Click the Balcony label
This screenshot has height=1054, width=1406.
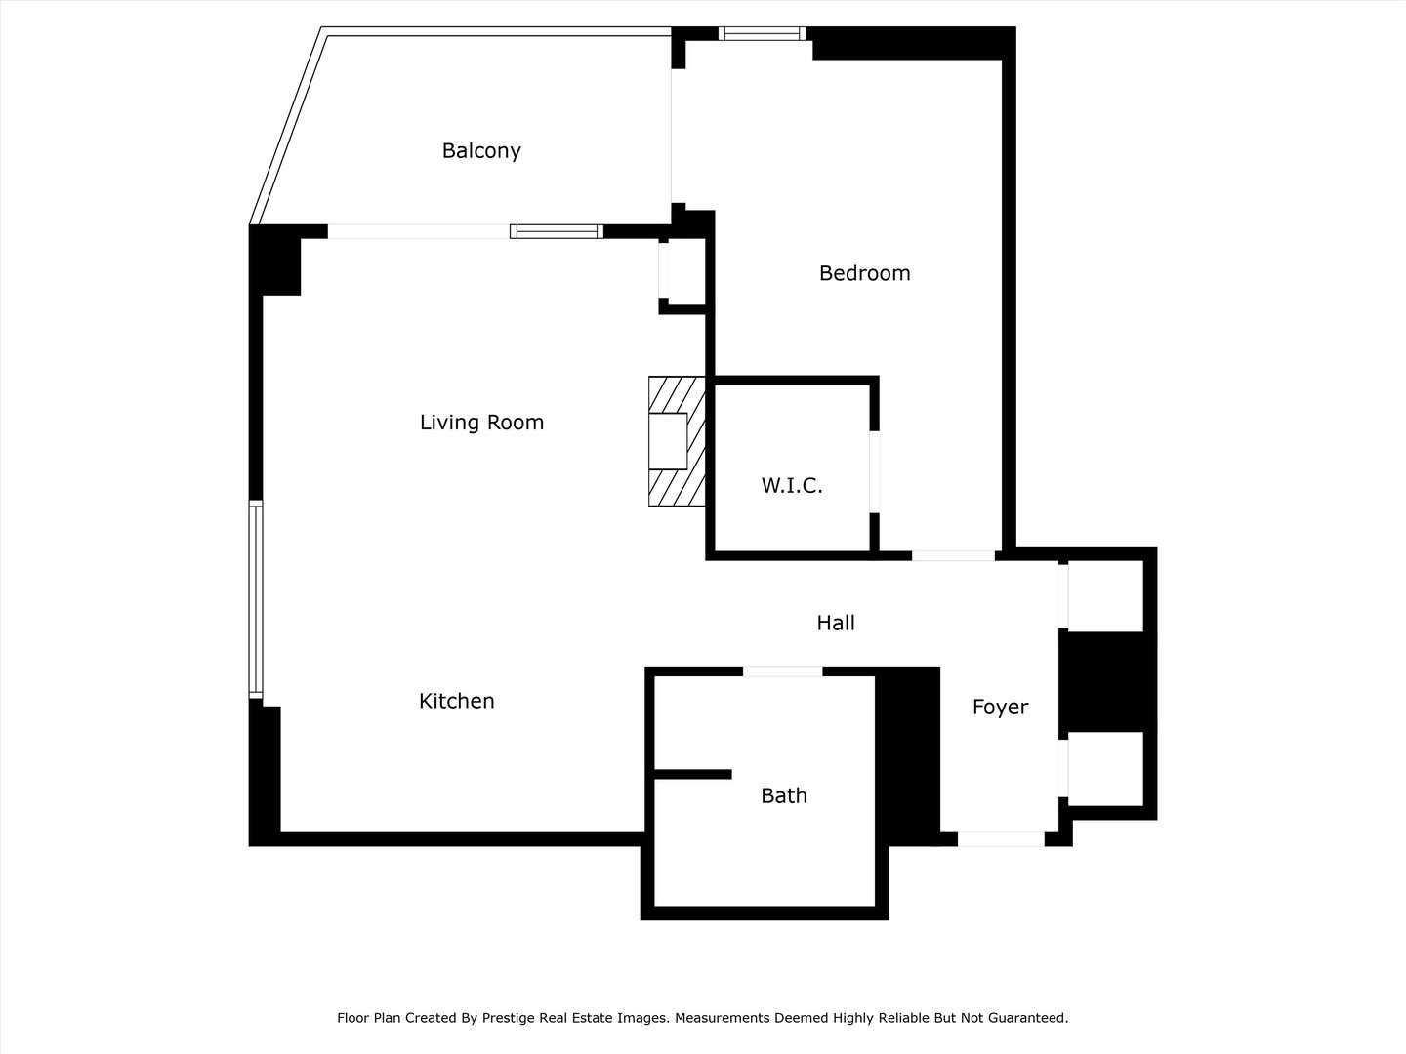coord(481,151)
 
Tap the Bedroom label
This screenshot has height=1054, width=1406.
coord(864,273)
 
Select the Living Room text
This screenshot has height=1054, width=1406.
coord(481,423)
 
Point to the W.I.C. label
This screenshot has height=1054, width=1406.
coord(792,485)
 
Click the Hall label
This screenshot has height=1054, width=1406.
coord(836,623)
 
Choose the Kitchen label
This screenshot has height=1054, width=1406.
coord(456,701)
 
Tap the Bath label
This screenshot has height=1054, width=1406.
coord(783,796)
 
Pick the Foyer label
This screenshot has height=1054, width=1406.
coord(1000,708)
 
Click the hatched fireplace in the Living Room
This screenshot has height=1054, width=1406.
coord(676,441)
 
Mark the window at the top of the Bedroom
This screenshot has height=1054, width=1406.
coord(763,34)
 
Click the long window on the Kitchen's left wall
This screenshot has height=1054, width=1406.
coord(256,599)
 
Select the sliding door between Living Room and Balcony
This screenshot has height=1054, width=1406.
coord(557,231)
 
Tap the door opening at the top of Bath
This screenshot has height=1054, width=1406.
coord(782,671)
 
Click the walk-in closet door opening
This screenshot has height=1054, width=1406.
coord(875,471)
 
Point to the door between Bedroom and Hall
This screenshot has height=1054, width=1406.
coord(953,556)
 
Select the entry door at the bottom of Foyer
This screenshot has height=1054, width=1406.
coord(1000,839)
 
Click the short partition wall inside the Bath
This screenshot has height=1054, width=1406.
coord(692,774)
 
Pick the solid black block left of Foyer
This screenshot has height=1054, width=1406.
coord(908,756)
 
